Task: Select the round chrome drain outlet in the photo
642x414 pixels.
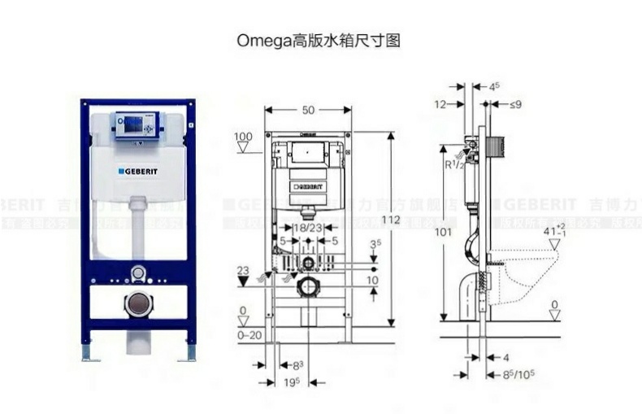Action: coord(138,304)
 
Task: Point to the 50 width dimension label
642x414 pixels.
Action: coord(308,110)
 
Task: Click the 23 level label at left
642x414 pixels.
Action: coord(242,271)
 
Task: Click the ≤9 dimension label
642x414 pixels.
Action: coord(516,104)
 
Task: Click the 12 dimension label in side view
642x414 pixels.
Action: coord(440,104)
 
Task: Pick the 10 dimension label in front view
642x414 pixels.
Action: coord(372,281)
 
